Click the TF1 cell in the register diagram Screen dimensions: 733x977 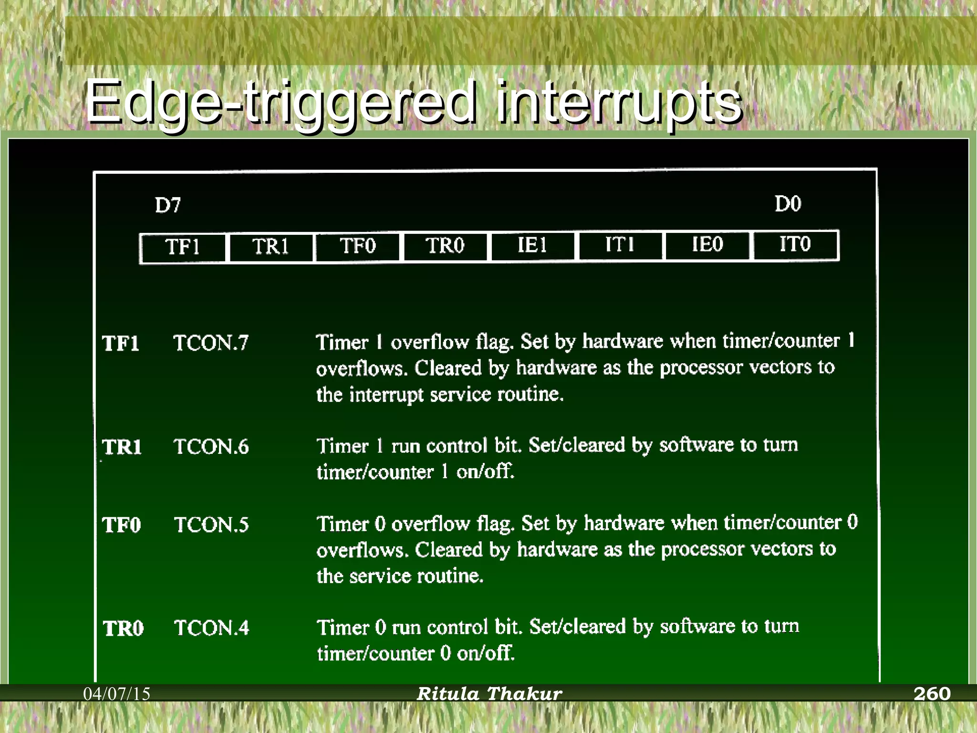[x=183, y=247]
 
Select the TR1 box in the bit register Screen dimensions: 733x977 [x=270, y=247]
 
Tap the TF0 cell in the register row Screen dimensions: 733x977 [x=358, y=246]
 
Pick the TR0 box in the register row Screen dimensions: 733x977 [x=445, y=246]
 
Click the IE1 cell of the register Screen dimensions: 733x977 [x=532, y=245]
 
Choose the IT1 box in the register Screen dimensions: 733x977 [x=620, y=245]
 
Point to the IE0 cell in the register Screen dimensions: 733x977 [x=707, y=244]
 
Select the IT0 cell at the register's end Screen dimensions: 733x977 [x=795, y=244]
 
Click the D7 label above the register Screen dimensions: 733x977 [x=168, y=205]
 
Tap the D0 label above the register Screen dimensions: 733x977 [x=788, y=204]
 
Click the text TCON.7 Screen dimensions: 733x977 [x=211, y=343]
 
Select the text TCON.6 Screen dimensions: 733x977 [x=211, y=447]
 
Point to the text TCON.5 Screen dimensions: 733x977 [x=211, y=525]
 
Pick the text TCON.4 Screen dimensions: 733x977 [x=212, y=628]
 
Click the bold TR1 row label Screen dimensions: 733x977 [x=122, y=447]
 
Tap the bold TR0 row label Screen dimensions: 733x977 [x=123, y=628]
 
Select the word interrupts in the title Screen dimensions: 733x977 [x=618, y=103]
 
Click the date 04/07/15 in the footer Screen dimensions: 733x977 [x=117, y=694]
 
